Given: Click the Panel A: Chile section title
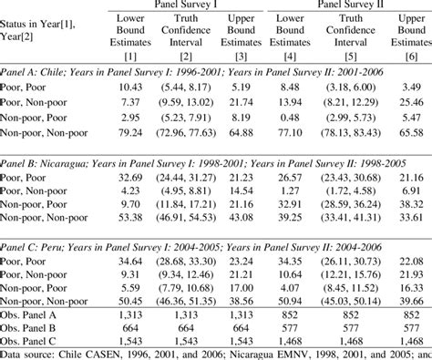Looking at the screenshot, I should pos(36,70).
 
